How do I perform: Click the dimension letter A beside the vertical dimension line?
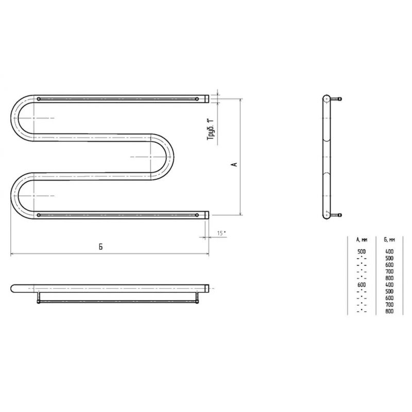tap(235, 164)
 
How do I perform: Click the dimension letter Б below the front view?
tap(100, 247)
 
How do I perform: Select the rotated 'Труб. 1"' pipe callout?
tap(211, 129)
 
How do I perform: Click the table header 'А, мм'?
tap(362, 239)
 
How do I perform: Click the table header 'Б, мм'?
tap(389, 239)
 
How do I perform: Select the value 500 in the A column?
tap(362, 251)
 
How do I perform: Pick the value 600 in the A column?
tap(362, 285)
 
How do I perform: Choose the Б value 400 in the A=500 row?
tap(389, 251)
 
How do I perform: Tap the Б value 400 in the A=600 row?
tap(389, 285)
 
